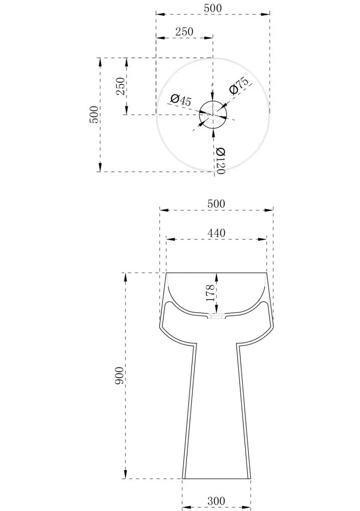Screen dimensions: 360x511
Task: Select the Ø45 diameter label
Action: click(x=181, y=100)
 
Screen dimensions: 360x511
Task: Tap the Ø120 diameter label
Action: click(x=220, y=160)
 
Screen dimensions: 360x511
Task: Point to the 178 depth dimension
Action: click(x=210, y=293)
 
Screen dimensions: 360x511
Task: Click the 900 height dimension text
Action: click(x=119, y=376)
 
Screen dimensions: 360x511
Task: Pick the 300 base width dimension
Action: click(x=217, y=500)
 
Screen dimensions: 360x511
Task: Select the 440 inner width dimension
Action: click(x=217, y=233)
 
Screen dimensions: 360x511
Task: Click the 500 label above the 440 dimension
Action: click(x=217, y=204)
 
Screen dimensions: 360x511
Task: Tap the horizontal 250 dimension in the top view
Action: click(x=184, y=32)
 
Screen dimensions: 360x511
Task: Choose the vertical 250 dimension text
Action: click(x=121, y=86)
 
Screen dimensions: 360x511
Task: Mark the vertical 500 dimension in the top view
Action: click(x=93, y=114)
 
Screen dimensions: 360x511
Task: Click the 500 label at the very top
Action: click(x=213, y=8)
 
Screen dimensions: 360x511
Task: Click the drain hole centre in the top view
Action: click(x=213, y=114)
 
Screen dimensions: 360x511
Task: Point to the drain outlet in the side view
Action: click(x=217, y=316)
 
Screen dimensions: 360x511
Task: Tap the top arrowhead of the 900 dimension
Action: click(x=126, y=277)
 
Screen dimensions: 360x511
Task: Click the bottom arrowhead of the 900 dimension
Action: click(x=126, y=474)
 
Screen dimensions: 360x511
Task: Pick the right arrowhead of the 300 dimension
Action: click(x=246, y=508)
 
